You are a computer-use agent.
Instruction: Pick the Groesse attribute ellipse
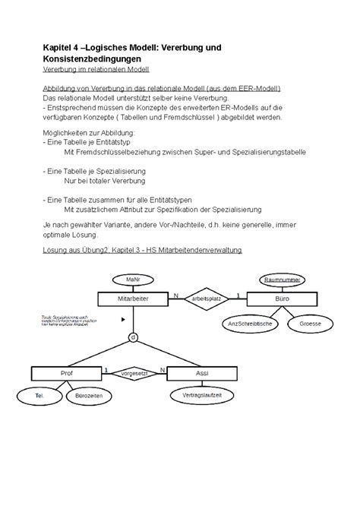click(309, 324)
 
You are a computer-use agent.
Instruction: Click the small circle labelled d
click(133, 336)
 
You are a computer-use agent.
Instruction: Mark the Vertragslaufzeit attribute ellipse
click(197, 396)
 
